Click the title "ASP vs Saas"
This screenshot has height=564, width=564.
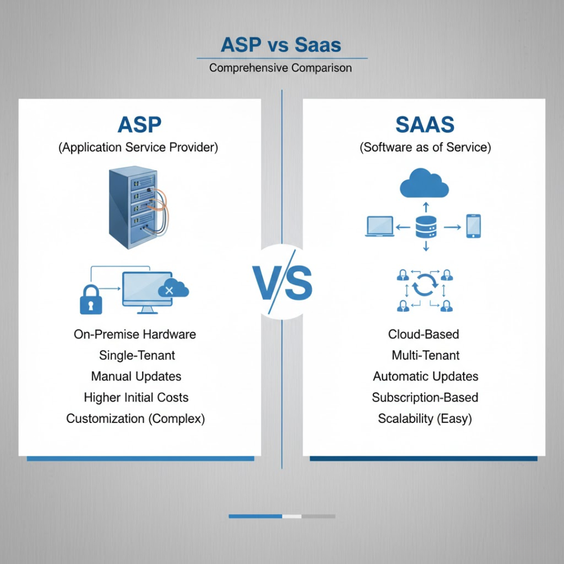[x=281, y=45]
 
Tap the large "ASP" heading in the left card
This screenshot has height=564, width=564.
[x=139, y=125]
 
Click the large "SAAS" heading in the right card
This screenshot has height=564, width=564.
[x=425, y=125]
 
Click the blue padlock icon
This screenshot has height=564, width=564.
[x=91, y=299]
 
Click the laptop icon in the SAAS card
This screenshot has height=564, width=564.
[x=380, y=227]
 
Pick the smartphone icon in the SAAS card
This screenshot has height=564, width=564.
[x=473, y=226]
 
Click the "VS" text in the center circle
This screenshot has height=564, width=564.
[x=282, y=283]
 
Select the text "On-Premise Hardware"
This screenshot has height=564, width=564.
[x=135, y=334]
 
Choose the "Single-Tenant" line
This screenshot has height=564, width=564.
[x=137, y=356]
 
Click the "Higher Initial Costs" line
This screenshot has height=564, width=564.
[x=136, y=397]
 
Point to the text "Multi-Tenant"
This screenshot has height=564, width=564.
[x=426, y=356]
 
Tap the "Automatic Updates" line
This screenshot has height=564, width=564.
[x=426, y=377]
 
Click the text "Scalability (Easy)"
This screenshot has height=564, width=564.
[x=425, y=418]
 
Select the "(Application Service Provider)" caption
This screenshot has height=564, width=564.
[x=138, y=147]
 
